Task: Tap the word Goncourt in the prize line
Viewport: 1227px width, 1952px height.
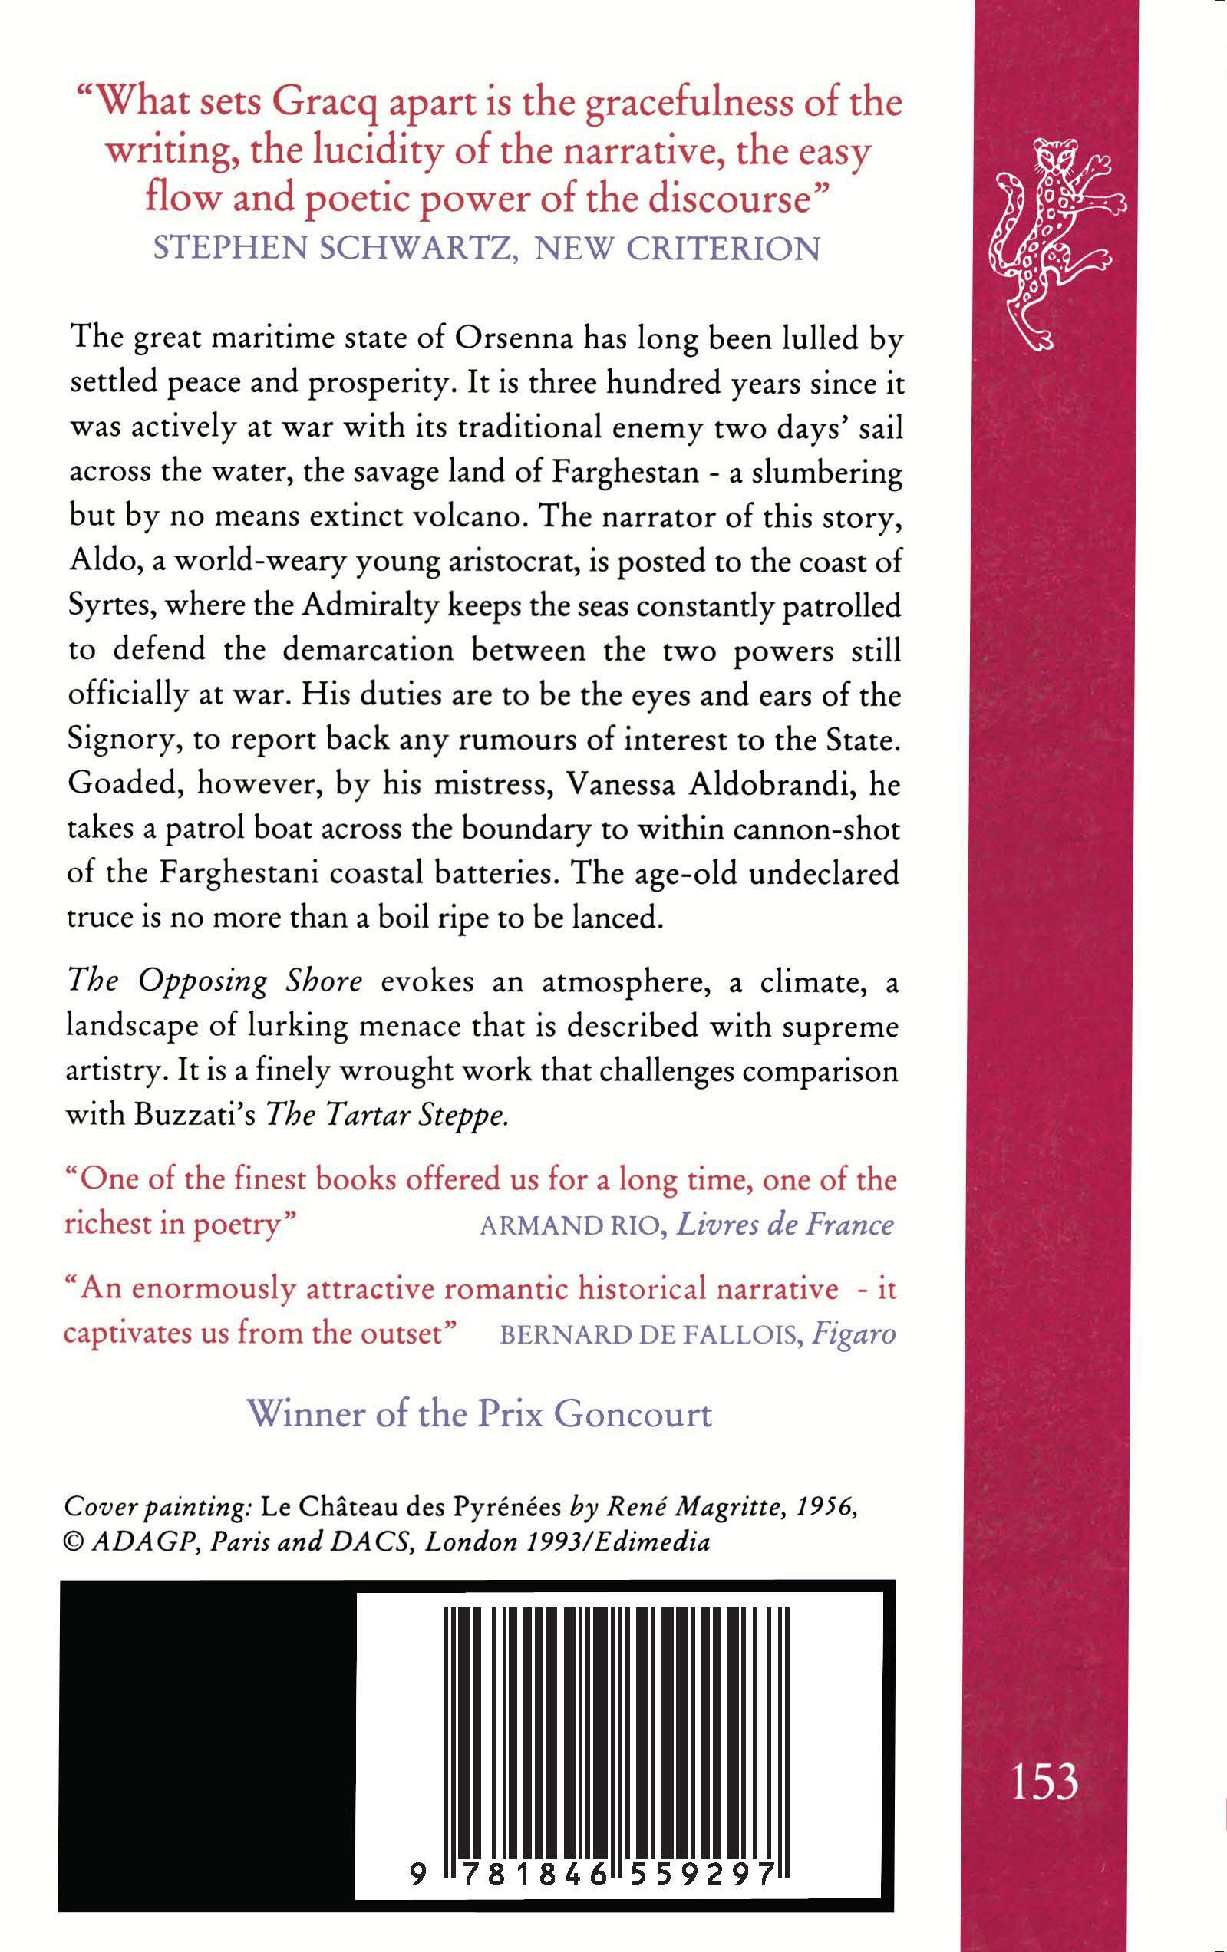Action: tap(633, 1413)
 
